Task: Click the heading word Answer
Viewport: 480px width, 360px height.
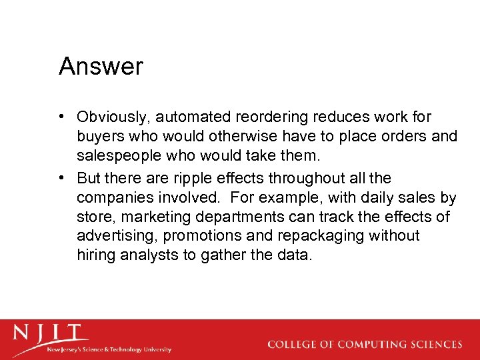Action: (x=101, y=67)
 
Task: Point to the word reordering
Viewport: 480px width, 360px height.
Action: (x=275, y=117)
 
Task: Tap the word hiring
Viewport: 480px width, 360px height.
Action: (x=95, y=255)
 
